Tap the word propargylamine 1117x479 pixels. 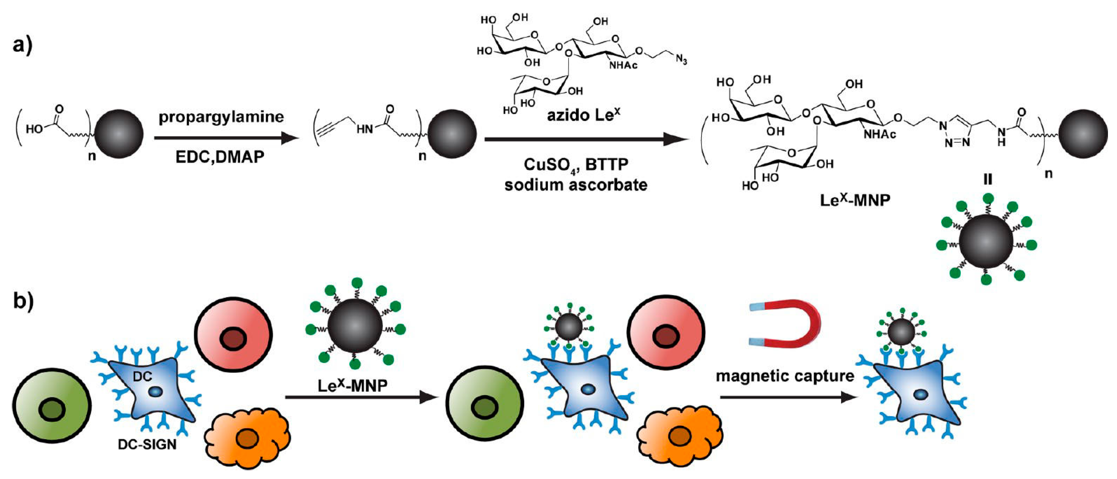tap(221, 117)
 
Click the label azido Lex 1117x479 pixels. tap(583, 115)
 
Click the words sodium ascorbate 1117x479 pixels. tap(575, 185)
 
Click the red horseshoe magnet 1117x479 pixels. tap(785, 324)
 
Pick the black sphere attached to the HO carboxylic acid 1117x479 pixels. tap(119, 134)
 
